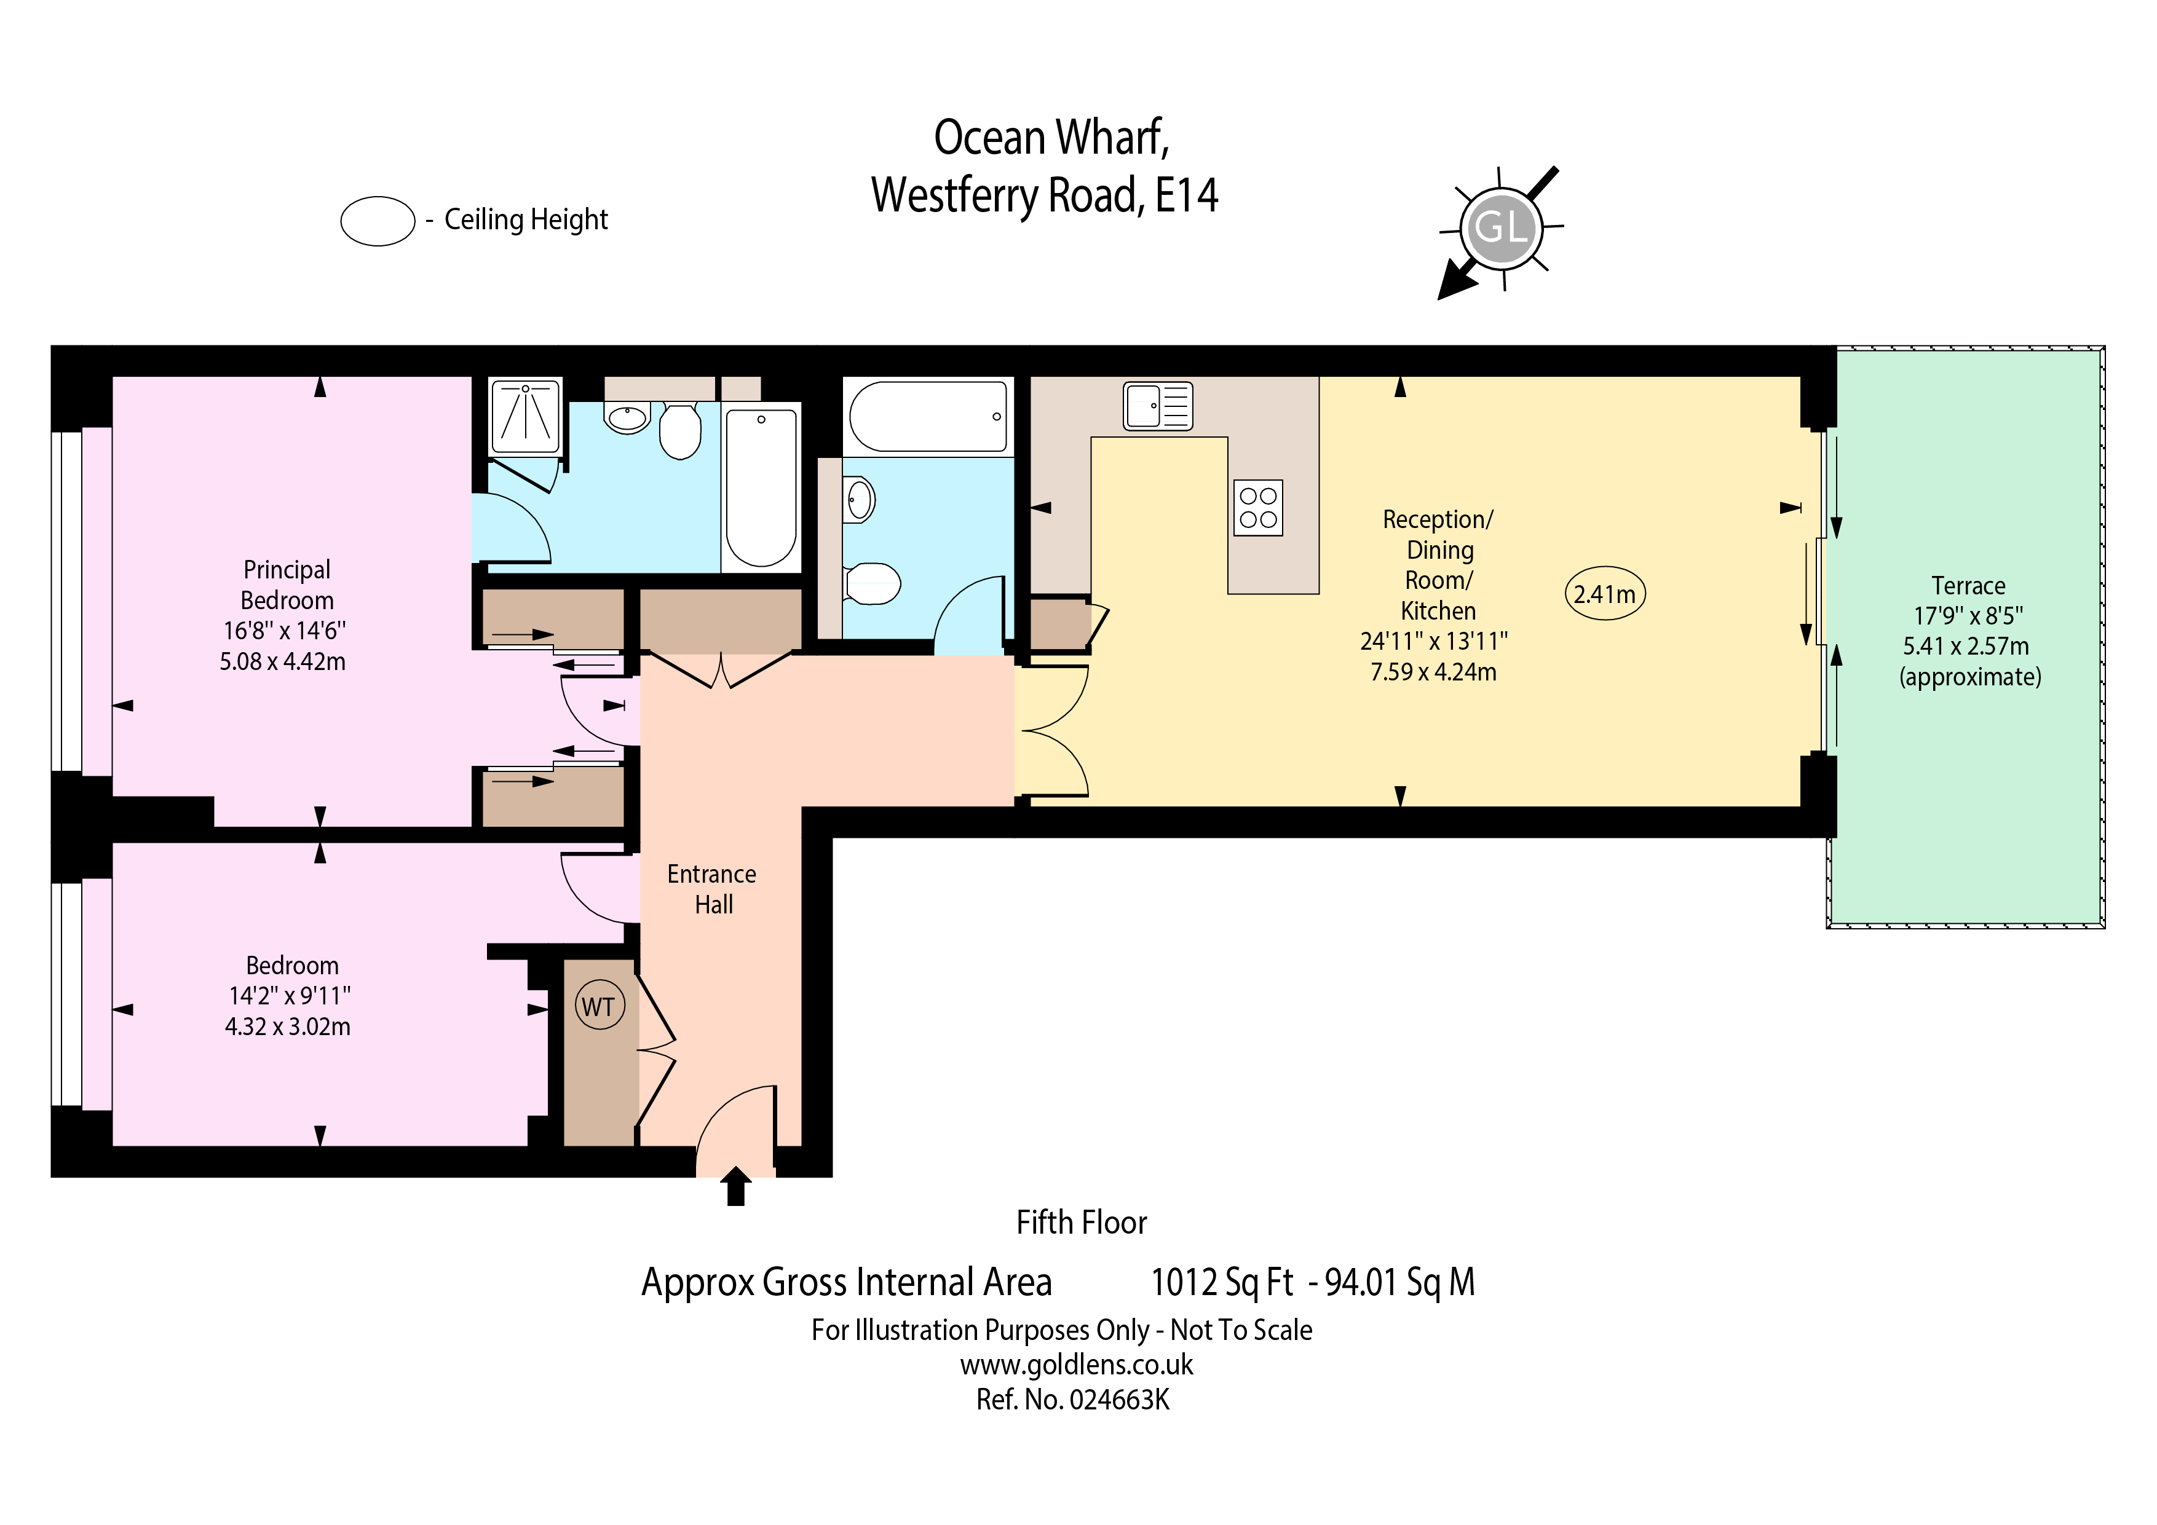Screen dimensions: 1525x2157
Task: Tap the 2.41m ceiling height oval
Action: coord(1605,594)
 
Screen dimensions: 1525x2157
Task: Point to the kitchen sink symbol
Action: coord(1157,406)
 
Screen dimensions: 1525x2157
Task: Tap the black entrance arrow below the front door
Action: coord(735,1185)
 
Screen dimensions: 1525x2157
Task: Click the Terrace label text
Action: coord(1968,586)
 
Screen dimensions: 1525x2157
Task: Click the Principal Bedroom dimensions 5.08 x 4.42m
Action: coord(283,662)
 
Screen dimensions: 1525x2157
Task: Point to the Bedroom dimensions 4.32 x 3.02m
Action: coord(288,1027)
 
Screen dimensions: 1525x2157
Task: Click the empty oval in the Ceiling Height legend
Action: coord(378,222)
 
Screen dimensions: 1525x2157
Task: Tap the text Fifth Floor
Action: coord(1082,1223)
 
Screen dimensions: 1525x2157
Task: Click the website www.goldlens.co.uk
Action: coord(1077,1365)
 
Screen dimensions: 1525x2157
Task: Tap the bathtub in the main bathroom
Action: coord(928,416)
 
